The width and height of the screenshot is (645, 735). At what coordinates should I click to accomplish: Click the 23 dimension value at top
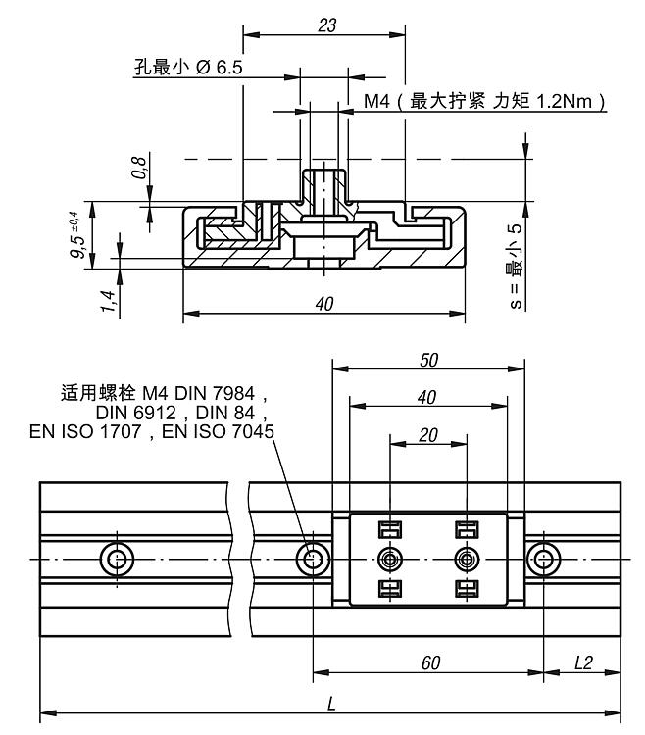pyautogui.click(x=327, y=25)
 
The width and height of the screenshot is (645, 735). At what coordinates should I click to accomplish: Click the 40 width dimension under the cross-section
pyautogui.click(x=323, y=304)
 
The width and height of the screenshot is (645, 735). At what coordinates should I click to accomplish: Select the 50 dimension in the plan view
pyautogui.click(x=428, y=360)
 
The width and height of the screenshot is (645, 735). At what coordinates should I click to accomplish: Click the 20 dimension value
pyautogui.click(x=428, y=434)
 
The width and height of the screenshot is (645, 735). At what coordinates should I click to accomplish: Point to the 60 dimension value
pyautogui.click(x=428, y=663)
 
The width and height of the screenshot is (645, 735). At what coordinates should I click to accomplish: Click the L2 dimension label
pyautogui.click(x=583, y=663)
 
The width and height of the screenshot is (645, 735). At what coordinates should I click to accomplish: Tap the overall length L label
pyautogui.click(x=331, y=705)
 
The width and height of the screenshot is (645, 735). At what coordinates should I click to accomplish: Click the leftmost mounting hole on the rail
pyautogui.click(x=118, y=560)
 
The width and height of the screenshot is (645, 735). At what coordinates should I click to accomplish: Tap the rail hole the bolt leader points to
pyautogui.click(x=314, y=560)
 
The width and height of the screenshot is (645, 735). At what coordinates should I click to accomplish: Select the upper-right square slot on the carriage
pyautogui.click(x=466, y=530)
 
